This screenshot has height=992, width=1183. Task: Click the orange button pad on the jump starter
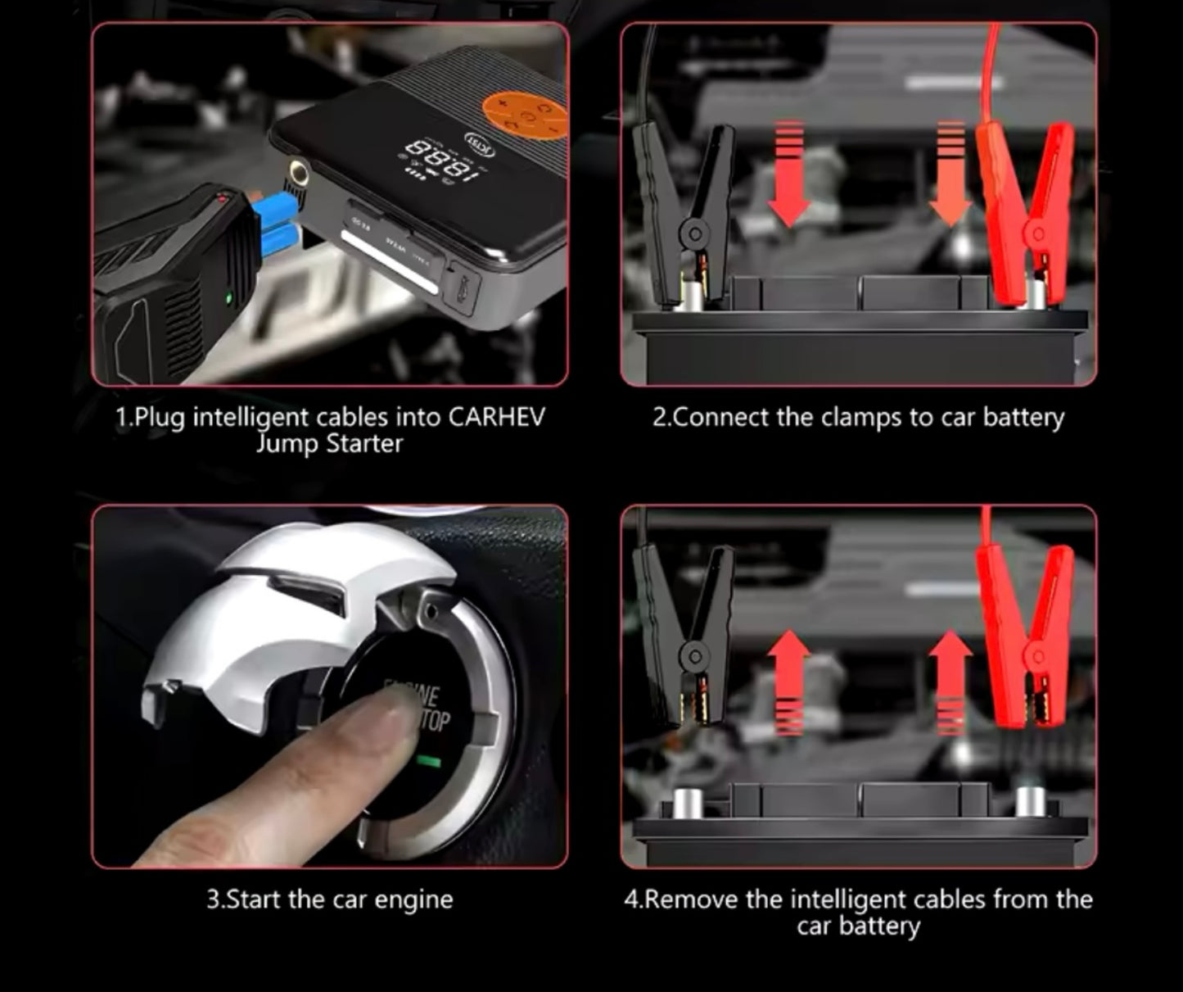[x=525, y=115]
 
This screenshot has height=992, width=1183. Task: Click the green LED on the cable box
[x=228, y=298]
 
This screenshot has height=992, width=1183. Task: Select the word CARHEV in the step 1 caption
[x=496, y=417]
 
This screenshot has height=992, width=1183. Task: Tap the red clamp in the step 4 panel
[x=1028, y=635]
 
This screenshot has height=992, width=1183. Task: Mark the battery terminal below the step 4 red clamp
[x=1031, y=803]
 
